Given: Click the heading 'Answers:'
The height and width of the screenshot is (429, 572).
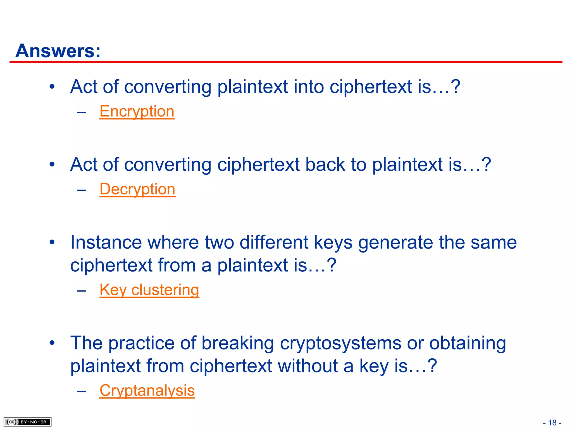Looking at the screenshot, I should coord(58,51).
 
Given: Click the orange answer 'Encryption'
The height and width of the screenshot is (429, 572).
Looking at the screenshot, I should coord(137,111).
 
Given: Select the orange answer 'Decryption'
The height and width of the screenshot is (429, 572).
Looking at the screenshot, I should coord(137,189).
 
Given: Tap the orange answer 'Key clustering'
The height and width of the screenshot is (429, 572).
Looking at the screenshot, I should coord(149,290).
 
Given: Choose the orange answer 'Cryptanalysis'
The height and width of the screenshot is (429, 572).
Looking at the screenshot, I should coord(147,390).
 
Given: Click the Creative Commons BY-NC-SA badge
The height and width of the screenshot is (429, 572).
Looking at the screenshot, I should coord(27,422).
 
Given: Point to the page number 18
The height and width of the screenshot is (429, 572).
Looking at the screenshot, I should coord(552,423).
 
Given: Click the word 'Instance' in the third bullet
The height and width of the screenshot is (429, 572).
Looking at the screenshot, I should coord(106,242).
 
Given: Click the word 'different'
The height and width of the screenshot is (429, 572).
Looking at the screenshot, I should coord(274,242).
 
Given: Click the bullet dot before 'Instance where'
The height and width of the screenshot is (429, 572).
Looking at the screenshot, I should coord(52,242).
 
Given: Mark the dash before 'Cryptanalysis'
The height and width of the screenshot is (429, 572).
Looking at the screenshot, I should coord(82,391).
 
